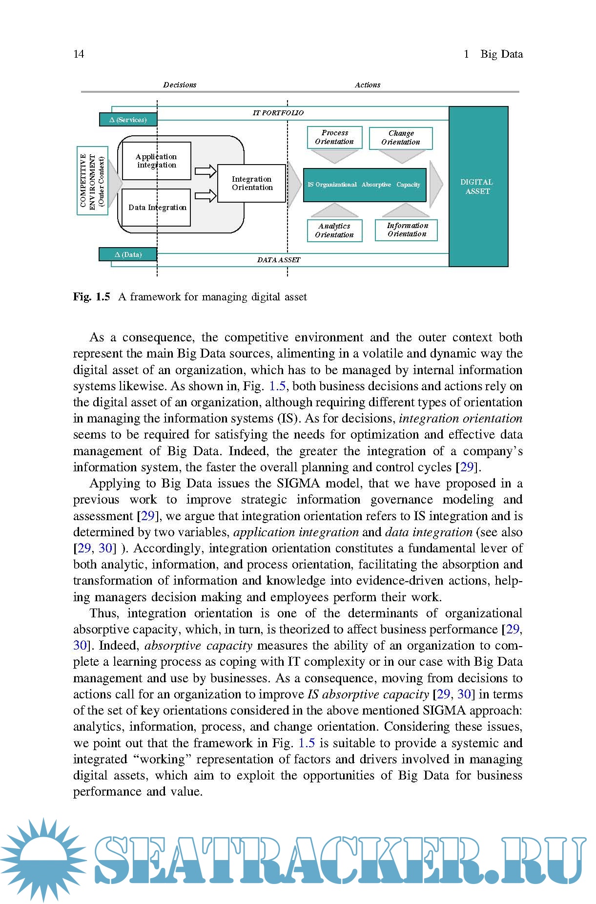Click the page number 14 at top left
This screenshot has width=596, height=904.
(79, 54)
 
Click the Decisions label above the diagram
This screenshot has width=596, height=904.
(180, 85)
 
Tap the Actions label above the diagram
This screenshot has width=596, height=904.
(368, 85)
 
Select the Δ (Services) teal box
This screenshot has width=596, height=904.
(128, 120)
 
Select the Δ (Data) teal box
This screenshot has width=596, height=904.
(128, 254)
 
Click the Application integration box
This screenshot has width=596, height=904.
(156, 161)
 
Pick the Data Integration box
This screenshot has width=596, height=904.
(156, 208)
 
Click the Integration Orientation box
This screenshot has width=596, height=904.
(252, 183)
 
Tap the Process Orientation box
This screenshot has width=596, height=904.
(334, 137)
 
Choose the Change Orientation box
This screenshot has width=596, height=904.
(401, 138)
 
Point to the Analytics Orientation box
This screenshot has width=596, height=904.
(334, 230)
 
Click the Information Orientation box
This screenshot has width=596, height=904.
(407, 230)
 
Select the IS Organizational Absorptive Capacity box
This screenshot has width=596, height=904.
(365, 185)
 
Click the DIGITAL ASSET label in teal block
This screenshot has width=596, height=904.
(477, 187)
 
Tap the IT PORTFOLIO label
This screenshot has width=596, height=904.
(278, 113)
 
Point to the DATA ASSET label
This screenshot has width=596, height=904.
(279, 260)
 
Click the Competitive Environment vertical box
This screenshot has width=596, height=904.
(92, 181)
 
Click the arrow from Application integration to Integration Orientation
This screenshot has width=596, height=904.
(206, 171)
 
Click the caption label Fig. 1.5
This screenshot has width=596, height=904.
(92, 297)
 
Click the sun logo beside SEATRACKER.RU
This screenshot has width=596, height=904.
(43, 859)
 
